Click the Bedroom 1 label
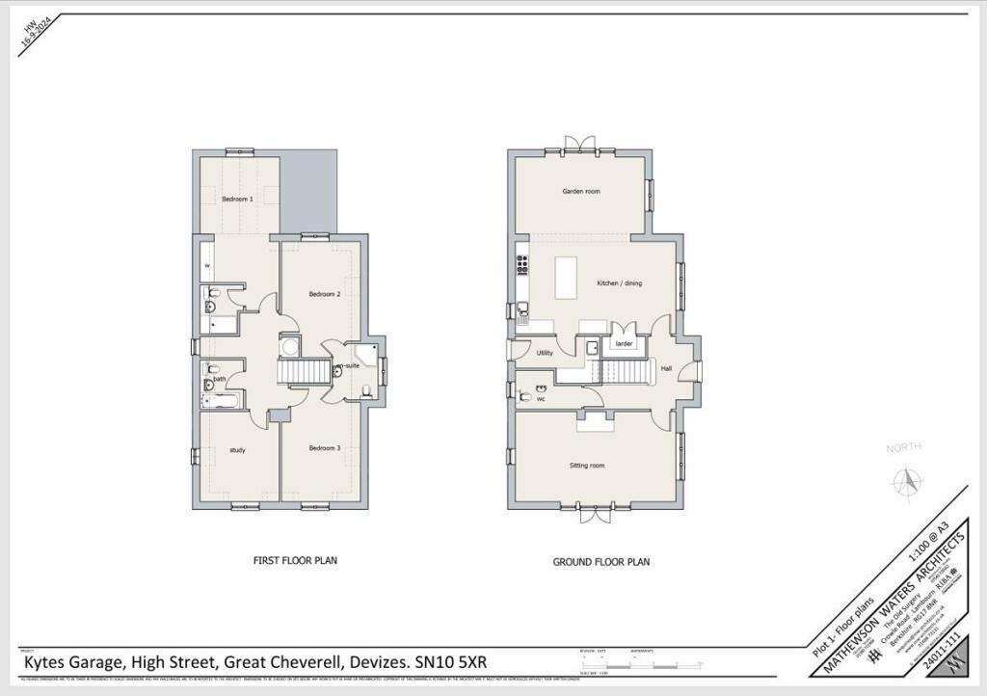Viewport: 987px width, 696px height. pyautogui.click(x=237, y=200)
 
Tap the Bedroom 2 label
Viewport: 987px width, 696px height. pyautogui.click(x=325, y=294)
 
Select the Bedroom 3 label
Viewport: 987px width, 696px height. pyautogui.click(x=325, y=448)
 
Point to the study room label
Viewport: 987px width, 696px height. pyautogui.click(x=237, y=450)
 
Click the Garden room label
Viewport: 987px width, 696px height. pyautogui.click(x=581, y=192)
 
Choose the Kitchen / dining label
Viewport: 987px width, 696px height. pyautogui.click(x=619, y=283)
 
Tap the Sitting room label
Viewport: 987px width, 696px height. pyautogui.click(x=586, y=466)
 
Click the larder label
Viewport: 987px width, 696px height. pyautogui.click(x=624, y=343)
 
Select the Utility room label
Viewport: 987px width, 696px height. pyautogui.click(x=545, y=354)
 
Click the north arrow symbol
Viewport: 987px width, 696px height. pyautogui.click(x=904, y=479)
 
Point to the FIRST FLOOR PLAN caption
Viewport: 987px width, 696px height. pyautogui.click(x=295, y=560)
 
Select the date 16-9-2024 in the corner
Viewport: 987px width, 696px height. pyautogui.click(x=36, y=37)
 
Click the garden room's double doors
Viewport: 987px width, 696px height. pyautogui.click(x=579, y=146)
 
